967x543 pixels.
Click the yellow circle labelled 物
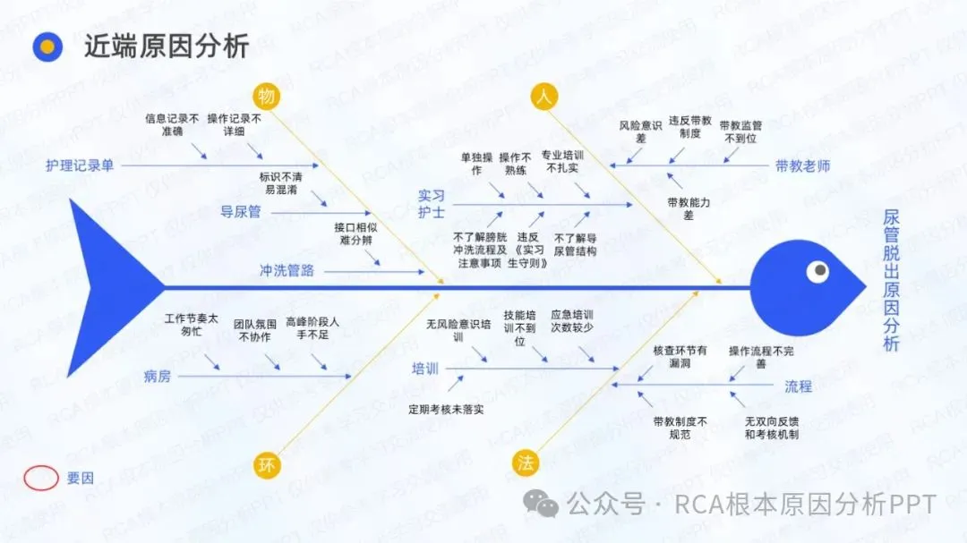(x=266, y=97)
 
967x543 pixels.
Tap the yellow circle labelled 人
(x=543, y=97)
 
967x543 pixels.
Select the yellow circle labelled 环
(x=265, y=464)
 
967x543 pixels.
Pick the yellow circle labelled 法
(x=526, y=462)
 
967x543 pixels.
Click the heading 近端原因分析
(x=166, y=47)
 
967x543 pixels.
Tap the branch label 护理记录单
(x=81, y=165)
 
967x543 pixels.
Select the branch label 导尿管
(x=240, y=212)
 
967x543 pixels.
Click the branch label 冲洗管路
(x=287, y=270)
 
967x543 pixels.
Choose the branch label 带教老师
(x=802, y=165)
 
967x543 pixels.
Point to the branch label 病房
(x=157, y=376)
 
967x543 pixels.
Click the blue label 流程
(x=798, y=386)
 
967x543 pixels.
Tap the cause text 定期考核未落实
(x=446, y=410)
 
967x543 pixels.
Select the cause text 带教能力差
(x=689, y=209)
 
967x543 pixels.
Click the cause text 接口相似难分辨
(x=355, y=234)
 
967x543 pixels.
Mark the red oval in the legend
(x=41, y=478)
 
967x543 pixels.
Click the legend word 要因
(x=80, y=478)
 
